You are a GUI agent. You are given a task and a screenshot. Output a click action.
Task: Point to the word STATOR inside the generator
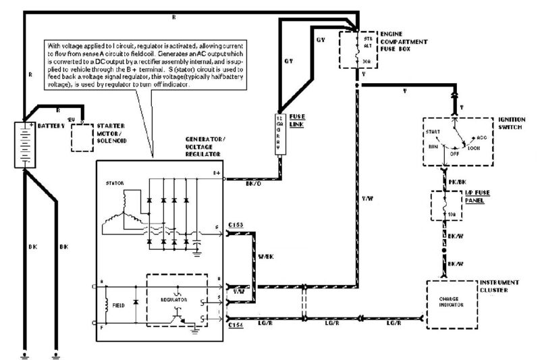coord(113,182)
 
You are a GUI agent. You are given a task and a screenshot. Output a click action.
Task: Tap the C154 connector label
coord(236,326)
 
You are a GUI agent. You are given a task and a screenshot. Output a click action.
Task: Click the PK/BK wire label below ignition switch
coord(458,182)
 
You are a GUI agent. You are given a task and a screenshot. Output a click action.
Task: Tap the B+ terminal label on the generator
coord(216,174)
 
